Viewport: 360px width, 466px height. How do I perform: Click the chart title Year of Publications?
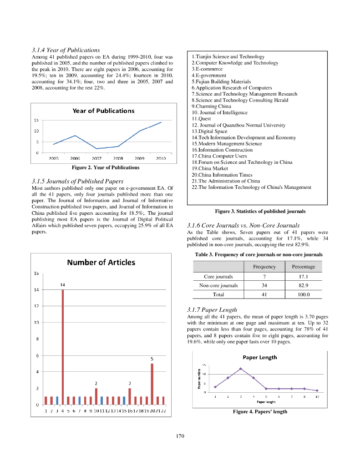click(103, 111)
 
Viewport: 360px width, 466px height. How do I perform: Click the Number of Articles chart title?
click(101, 262)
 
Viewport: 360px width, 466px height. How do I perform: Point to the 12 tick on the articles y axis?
click(35, 306)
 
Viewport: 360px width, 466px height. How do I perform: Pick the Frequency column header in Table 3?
click(264, 267)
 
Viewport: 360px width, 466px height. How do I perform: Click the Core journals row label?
click(218, 276)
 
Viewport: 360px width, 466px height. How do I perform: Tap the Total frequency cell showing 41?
click(264, 294)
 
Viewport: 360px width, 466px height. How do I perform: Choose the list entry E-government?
click(209, 76)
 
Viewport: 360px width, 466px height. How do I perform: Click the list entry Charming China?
click(211, 106)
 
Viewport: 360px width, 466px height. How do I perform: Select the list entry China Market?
click(210, 168)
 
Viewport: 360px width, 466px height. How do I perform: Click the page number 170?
click(180, 436)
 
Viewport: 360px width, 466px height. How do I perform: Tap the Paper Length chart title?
click(260, 357)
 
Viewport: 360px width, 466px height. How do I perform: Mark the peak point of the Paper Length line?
click(241, 369)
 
